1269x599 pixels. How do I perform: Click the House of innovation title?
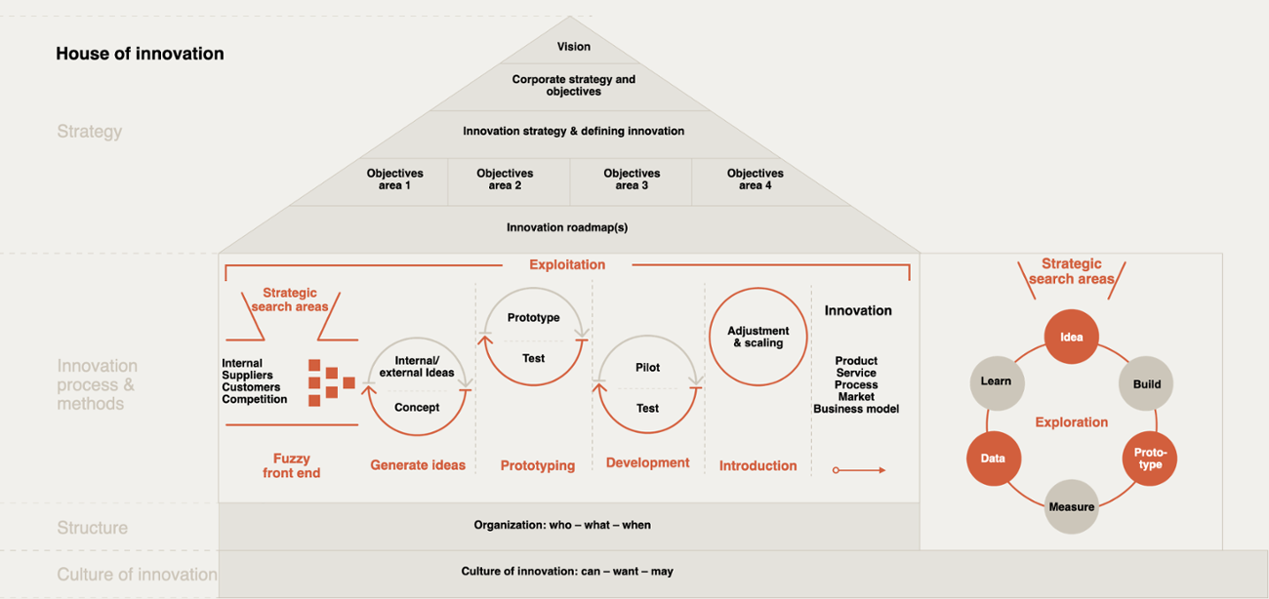140,54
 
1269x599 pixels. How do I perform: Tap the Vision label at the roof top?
573,47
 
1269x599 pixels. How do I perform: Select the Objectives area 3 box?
632,180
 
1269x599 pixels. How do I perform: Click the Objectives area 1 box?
394,180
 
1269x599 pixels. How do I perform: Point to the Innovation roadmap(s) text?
566,228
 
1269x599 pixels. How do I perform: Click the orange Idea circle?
1072,338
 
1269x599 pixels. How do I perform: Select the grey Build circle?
1146,384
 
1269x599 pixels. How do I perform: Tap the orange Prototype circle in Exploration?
1150,459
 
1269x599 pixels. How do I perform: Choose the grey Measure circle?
1072,506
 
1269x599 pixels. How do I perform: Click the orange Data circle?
993,459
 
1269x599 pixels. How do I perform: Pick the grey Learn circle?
997,381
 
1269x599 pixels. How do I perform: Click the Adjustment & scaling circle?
757,337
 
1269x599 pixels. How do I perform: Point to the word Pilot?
647,368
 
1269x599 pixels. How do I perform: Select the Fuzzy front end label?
291,465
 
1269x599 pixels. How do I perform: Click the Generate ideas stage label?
418,465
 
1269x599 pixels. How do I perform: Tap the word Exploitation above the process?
567,264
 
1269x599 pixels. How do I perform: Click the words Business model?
856,409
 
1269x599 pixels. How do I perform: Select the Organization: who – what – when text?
562,525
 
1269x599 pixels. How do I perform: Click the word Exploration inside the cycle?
1072,422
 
